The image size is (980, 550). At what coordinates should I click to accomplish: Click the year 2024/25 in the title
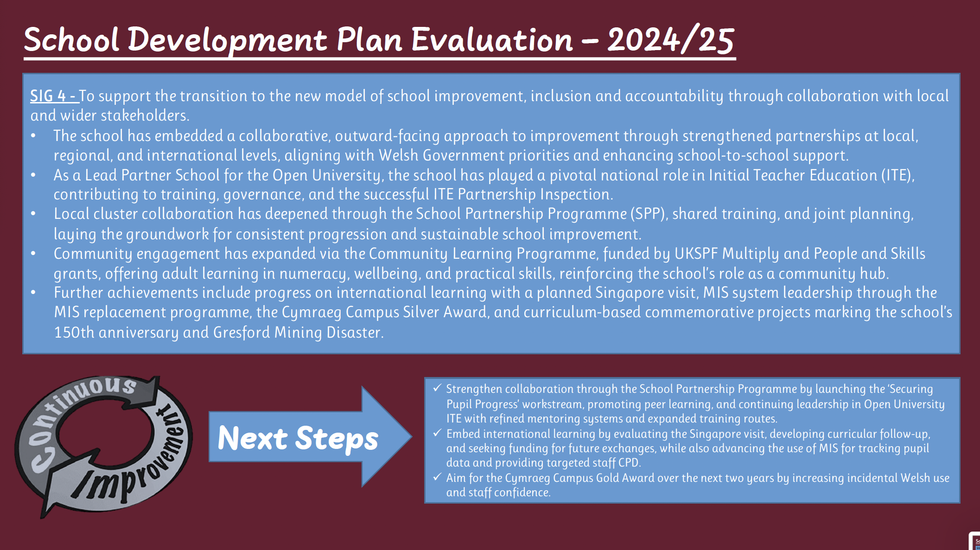[671, 40]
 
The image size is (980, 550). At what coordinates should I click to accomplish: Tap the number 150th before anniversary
[74, 333]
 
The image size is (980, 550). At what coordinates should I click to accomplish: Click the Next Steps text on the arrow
[298, 438]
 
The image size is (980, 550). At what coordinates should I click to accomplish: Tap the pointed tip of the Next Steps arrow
[411, 436]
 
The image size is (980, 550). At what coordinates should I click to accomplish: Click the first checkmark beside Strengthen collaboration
[437, 388]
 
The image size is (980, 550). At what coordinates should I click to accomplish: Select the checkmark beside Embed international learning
[437, 433]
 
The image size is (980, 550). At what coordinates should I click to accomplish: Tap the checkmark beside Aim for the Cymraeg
[437, 477]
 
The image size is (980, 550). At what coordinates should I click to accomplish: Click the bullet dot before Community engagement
[33, 254]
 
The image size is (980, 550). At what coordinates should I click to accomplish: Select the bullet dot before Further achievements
[33, 293]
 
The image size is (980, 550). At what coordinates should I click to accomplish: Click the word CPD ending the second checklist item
[628, 463]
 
